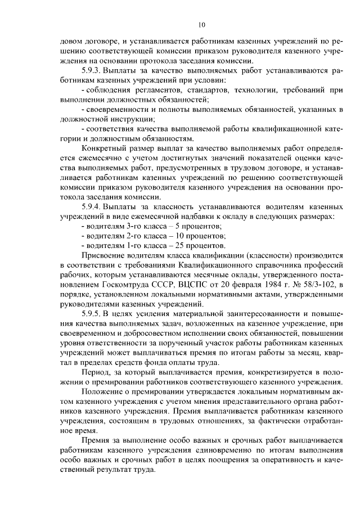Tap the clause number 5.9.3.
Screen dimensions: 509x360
pyautogui.click(x=92, y=71)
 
